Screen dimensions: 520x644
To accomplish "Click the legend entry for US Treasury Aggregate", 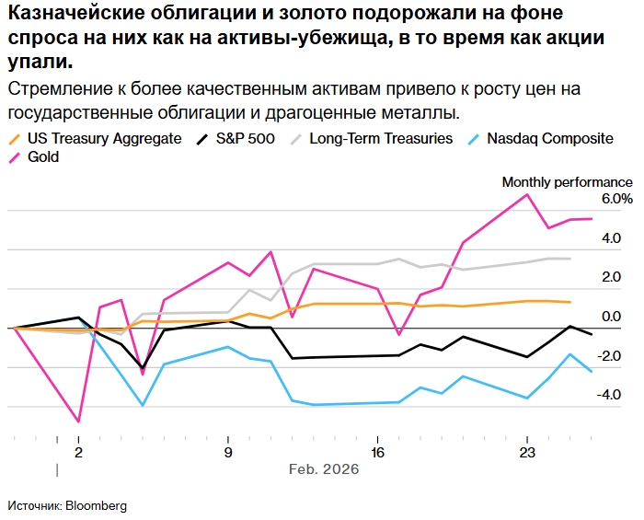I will [103, 138].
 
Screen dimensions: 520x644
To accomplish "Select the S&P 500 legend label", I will [247, 138].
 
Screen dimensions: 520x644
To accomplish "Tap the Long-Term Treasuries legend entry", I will [381, 138].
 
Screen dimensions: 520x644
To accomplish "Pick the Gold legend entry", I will [43, 156].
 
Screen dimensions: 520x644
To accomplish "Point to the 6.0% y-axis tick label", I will [616, 199].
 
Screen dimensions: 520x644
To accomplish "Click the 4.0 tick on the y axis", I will [611, 238].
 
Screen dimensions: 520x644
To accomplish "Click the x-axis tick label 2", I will [78, 453].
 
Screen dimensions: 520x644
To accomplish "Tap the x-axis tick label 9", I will [228, 453].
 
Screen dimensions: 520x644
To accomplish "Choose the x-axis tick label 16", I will [377, 453].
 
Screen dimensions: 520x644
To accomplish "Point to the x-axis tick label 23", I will [527, 453].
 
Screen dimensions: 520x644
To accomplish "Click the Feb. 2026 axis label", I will [324, 469].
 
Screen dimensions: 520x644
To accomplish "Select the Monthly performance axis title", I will [567, 181].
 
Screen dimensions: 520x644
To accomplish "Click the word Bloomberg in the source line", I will [97, 505].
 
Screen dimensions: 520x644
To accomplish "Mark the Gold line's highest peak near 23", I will [527, 194].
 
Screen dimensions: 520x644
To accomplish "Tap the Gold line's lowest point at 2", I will [79, 422].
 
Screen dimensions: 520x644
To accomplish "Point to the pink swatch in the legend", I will [16, 156].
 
